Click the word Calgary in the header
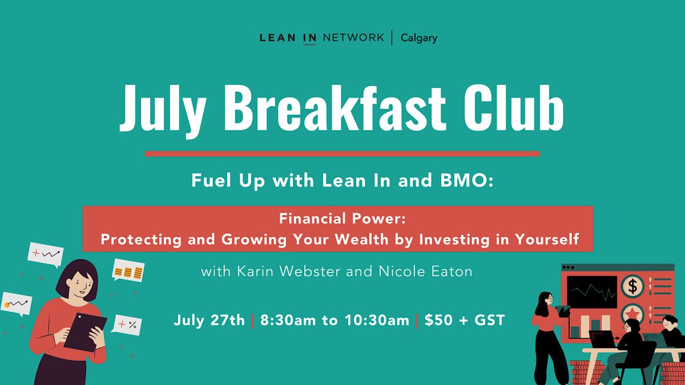(x=419, y=38)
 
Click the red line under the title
(x=342, y=153)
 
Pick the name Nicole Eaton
(x=425, y=271)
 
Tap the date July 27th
(x=210, y=321)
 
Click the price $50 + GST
(x=465, y=321)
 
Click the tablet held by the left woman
(x=85, y=331)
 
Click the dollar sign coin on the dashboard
(x=632, y=286)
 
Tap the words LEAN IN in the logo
(x=288, y=38)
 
